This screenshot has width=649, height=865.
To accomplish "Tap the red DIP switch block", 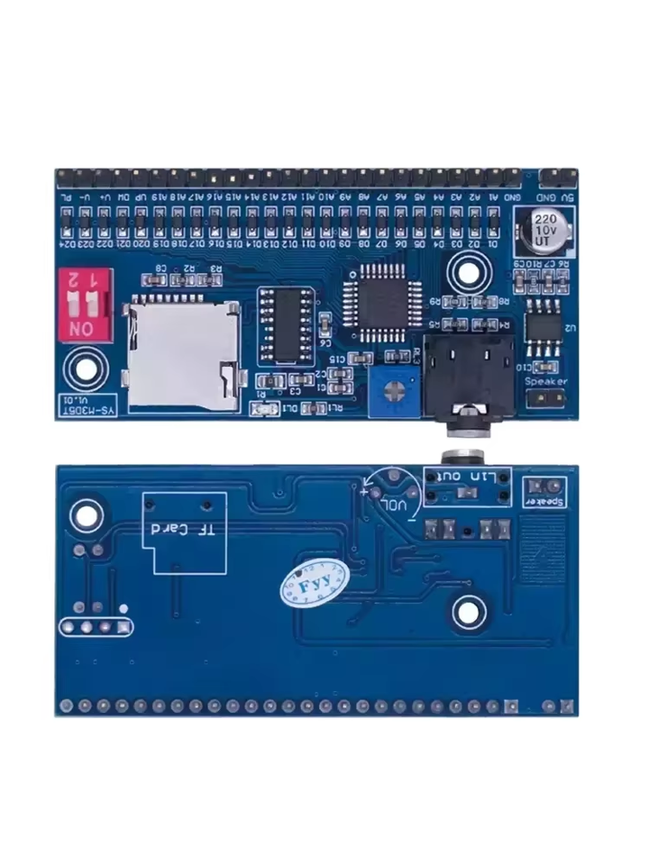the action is tap(85, 303).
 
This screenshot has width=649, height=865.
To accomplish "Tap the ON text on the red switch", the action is tap(80, 329).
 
